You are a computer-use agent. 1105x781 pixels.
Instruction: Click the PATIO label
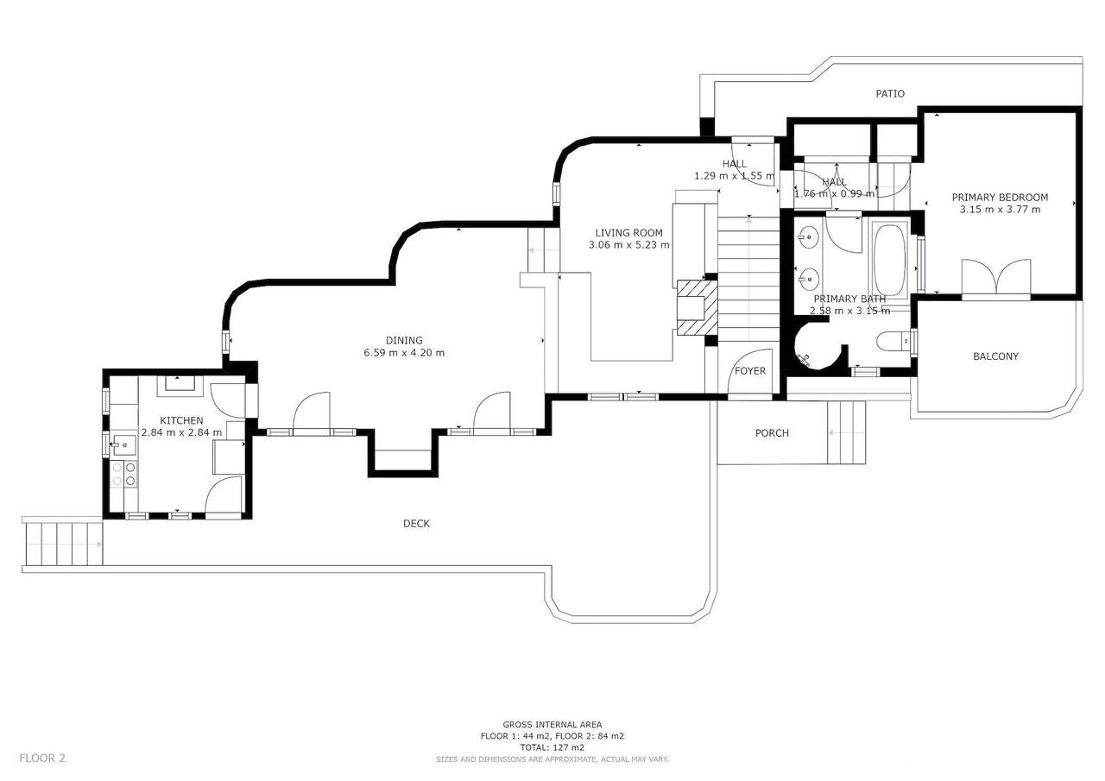pyautogui.click(x=890, y=93)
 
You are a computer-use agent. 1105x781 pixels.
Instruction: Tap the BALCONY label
pyautogui.click(x=995, y=356)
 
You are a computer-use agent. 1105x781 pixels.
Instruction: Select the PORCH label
pyautogui.click(x=772, y=433)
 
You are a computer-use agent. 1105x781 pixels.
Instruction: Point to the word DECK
pyautogui.click(x=416, y=524)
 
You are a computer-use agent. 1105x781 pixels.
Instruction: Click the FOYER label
pyautogui.click(x=750, y=371)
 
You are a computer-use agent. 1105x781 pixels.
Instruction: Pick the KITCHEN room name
pyautogui.click(x=181, y=420)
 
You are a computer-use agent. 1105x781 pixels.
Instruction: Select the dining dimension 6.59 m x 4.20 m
pyautogui.click(x=404, y=353)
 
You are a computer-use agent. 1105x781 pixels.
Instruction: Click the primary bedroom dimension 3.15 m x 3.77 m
pyautogui.click(x=1000, y=210)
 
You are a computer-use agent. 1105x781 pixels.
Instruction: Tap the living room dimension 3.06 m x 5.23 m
pyautogui.click(x=628, y=245)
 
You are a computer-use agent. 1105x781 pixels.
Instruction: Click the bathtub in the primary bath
pyautogui.click(x=889, y=259)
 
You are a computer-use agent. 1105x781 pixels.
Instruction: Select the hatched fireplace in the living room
pyautogui.click(x=695, y=306)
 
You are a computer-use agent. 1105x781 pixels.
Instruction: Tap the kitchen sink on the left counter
pyautogui.click(x=123, y=445)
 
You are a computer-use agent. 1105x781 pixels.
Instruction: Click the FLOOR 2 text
pyautogui.click(x=42, y=759)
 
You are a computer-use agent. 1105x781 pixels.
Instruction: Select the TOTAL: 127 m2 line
pyautogui.click(x=552, y=747)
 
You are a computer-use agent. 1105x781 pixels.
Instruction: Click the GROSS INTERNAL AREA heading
pyautogui.click(x=552, y=725)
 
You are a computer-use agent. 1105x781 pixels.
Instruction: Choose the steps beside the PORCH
pyautogui.click(x=846, y=432)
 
